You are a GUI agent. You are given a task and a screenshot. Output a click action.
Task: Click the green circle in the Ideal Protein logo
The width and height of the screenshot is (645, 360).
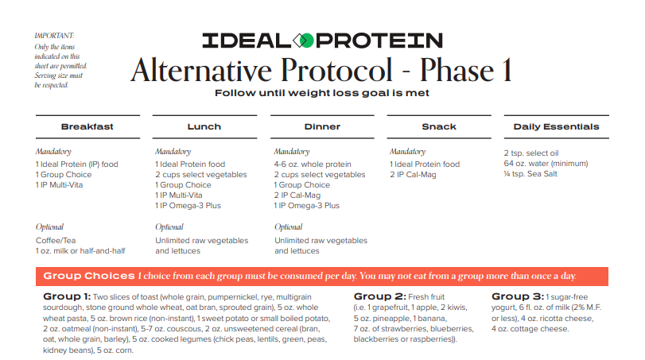[306, 41]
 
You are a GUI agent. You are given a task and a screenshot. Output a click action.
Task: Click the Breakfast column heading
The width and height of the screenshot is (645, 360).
[87, 126]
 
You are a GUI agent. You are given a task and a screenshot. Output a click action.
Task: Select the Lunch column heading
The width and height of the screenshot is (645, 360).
[204, 126]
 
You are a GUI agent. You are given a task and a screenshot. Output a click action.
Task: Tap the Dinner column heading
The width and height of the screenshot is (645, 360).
[323, 126]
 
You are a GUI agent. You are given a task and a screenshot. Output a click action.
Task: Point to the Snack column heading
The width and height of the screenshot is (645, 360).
[439, 126]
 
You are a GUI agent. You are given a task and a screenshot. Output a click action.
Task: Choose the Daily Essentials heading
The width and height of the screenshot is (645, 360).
[556, 126]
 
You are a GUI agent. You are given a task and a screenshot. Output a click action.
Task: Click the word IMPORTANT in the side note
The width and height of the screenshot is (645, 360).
[54, 36]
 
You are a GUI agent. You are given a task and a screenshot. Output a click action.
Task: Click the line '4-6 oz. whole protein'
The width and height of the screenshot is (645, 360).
[313, 165]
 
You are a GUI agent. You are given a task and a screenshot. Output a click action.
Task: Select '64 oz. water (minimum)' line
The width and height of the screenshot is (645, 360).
[546, 164]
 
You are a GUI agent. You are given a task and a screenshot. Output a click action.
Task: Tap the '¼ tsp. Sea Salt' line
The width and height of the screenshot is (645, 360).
[530, 174]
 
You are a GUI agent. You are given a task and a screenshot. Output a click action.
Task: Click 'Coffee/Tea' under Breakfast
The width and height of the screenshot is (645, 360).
[56, 241]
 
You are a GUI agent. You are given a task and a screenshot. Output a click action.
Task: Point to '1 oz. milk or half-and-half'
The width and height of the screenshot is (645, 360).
[80, 250]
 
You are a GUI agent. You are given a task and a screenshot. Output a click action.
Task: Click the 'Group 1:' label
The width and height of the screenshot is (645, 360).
[67, 296]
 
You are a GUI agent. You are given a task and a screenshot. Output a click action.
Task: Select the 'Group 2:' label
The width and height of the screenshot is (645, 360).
[379, 296]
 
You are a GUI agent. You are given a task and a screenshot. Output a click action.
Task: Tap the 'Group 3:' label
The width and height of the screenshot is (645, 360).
[518, 296]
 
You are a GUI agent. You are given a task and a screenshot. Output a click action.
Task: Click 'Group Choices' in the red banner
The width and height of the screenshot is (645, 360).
[89, 276]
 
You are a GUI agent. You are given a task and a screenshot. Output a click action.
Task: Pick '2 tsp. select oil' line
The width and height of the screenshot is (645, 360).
[531, 153]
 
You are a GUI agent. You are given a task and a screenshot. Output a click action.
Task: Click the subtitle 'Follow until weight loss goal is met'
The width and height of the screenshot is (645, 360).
[322, 93]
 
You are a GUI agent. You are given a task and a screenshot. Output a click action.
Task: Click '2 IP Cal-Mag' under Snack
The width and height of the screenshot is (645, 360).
[413, 175]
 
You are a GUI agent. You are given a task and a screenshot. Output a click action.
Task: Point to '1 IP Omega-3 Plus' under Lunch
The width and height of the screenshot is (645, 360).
[188, 206]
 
